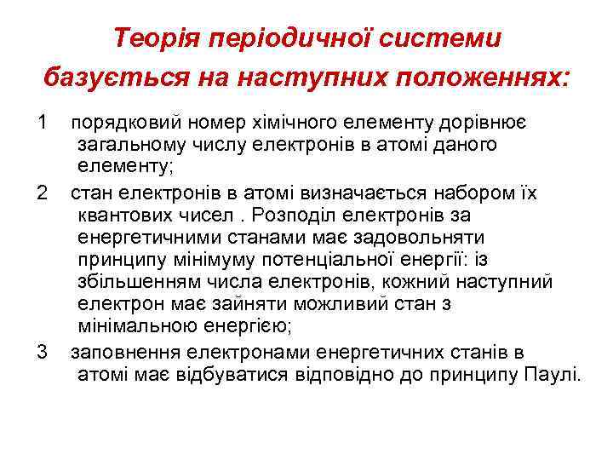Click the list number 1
[x=43, y=123]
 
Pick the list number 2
[x=43, y=193]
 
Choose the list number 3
[x=43, y=352]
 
